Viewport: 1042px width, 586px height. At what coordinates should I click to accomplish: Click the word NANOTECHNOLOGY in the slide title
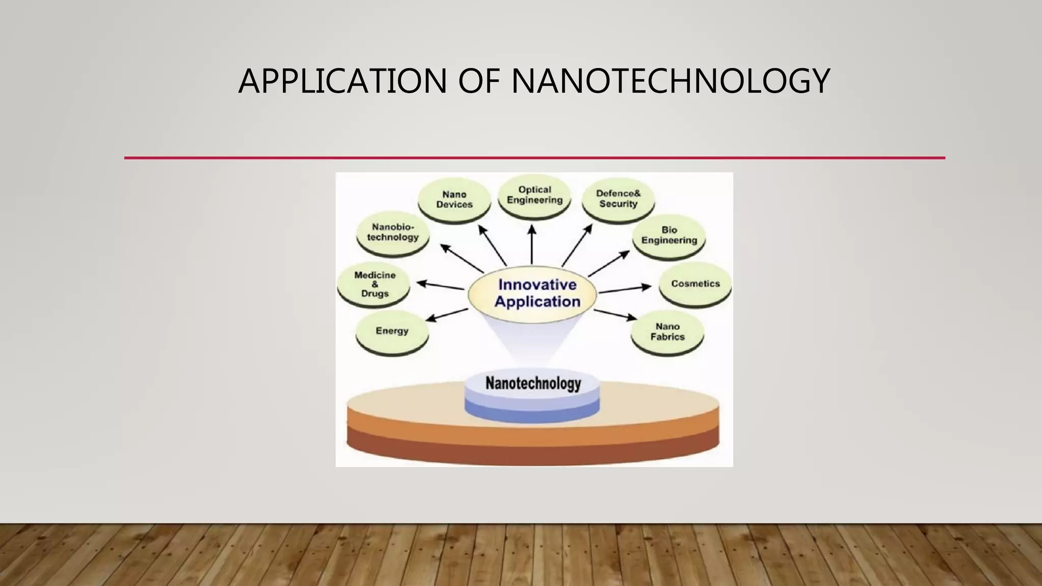coord(670,81)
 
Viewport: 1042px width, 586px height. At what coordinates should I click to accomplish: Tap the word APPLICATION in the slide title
coord(342,81)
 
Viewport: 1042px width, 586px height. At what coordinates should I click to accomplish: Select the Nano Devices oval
coord(454,200)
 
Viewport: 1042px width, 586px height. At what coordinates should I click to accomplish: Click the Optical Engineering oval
coord(534,195)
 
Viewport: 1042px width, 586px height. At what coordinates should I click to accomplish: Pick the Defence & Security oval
coord(618,199)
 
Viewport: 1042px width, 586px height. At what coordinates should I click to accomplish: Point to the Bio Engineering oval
coord(669,236)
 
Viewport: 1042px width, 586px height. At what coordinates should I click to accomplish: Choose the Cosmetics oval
coord(695,284)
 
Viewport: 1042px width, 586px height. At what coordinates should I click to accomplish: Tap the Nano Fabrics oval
coord(667,332)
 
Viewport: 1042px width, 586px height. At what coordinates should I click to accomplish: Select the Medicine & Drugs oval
coord(374,284)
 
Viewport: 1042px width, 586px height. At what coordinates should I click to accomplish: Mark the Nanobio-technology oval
coord(393,232)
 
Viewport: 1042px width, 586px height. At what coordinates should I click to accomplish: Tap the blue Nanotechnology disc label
coord(533,384)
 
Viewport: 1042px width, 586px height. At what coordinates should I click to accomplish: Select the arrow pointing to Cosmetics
coord(625,289)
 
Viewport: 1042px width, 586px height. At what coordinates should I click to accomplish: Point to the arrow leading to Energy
coord(446,315)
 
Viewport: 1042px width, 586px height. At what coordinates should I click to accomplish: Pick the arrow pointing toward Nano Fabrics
coord(615,315)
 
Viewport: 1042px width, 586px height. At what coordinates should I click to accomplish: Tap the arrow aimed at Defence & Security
coord(577,245)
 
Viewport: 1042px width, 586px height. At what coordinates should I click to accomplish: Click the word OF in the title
coord(478,81)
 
